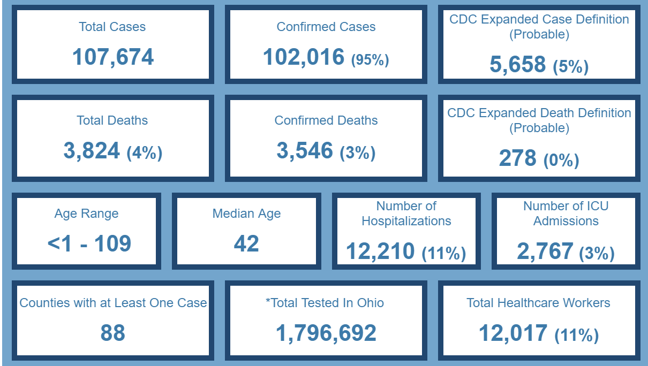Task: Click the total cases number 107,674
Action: [x=112, y=57]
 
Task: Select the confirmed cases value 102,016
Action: [x=304, y=57]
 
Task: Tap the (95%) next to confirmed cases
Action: [x=370, y=60]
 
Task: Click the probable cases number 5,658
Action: [x=518, y=65]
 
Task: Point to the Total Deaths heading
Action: [x=112, y=120]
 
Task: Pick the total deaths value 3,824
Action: [x=92, y=151]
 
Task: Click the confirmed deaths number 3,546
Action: [x=305, y=151]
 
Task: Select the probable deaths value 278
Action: [x=517, y=159]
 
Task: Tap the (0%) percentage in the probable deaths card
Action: [x=561, y=161]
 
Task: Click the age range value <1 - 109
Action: [x=89, y=244]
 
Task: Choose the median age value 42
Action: [x=246, y=244]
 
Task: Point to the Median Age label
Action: [x=246, y=213]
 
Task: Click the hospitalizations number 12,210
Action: [x=380, y=251]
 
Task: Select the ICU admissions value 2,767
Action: [x=545, y=251]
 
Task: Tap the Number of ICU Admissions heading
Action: [x=566, y=213]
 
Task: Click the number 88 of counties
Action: [x=112, y=333]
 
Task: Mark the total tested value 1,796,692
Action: [x=326, y=333]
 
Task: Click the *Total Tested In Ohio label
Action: [x=325, y=303]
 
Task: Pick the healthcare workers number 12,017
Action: [x=513, y=333]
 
